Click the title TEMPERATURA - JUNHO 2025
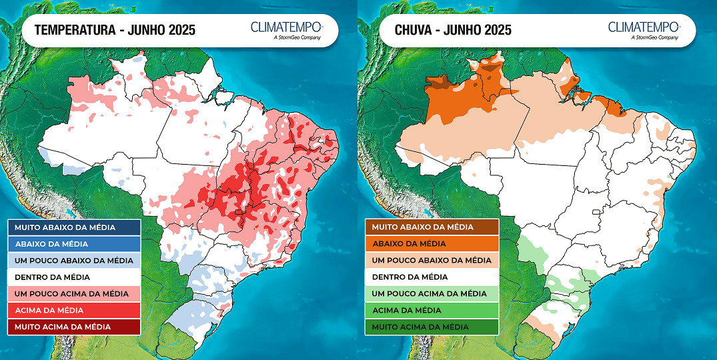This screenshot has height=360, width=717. click(x=115, y=30)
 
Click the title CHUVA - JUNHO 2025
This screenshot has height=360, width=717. click(x=453, y=30)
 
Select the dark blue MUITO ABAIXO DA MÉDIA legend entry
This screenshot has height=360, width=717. click(x=74, y=227)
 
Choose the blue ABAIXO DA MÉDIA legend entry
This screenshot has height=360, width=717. click(x=74, y=244)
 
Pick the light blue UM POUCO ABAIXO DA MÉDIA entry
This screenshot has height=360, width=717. click(x=74, y=261)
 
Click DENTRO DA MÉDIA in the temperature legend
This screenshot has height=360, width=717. click(x=74, y=277)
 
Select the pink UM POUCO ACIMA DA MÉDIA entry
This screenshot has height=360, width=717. click(x=74, y=293)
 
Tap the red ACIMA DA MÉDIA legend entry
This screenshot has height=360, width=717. click(x=74, y=310)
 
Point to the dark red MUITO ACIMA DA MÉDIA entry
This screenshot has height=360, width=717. click(x=74, y=327)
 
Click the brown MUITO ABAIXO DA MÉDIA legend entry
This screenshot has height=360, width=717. click(x=431, y=227)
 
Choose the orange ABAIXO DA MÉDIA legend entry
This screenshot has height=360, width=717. click(x=431, y=244)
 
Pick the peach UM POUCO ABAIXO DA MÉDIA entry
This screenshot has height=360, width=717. click(x=431, y=261)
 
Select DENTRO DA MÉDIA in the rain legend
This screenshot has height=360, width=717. click(x=431, y=277)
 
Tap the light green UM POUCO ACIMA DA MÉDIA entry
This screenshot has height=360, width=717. click(x=431, y=293)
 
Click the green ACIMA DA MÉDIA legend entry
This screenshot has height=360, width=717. click(x=431, y=310)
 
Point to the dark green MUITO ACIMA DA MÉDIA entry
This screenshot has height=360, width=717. click(x=431, y=327)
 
